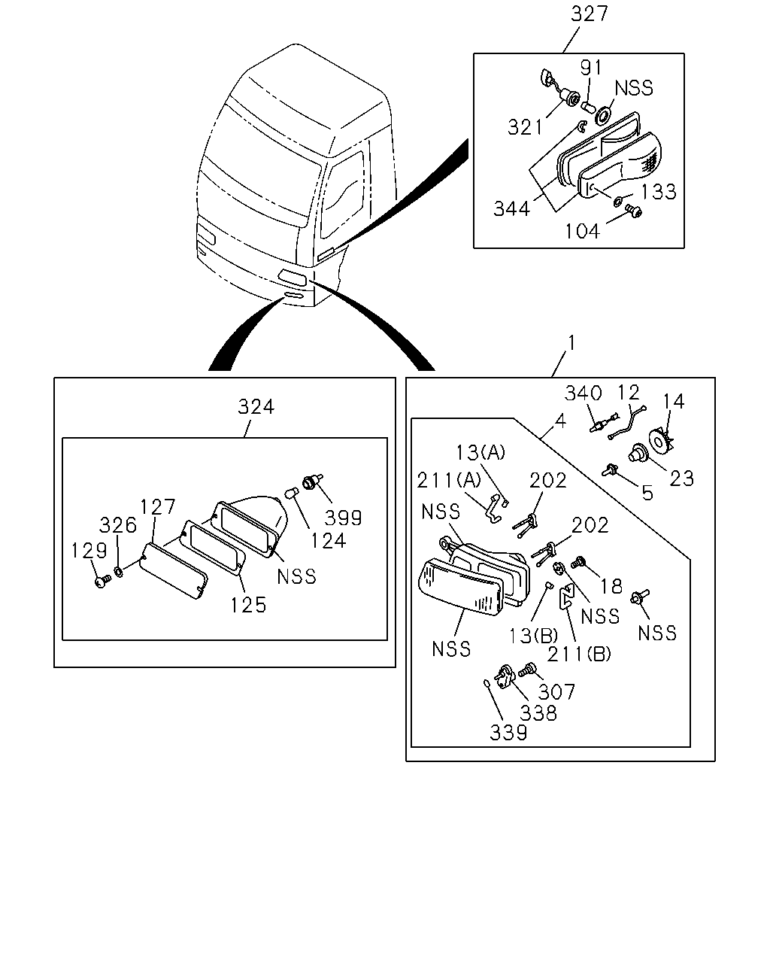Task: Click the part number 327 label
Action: pyautogui.click(x=590, y=14)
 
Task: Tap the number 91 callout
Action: pyautogui.click(x=590, y=68)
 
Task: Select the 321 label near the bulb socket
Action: pyautogui.click(x=525, y=128)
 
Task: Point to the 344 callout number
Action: pyautogui.click(x=511, y=209)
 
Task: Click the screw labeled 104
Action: pyautogui.click(x=634, y=211)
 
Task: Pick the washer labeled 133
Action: pyautogui.click(x=617, y=202)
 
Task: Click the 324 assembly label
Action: pyautogui.click(x=256, y=407)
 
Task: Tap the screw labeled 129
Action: pyautogui.click(x=103, y=581)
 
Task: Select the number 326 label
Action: pyautogui.click(x=117, y=525)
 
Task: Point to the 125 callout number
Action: pyautogui.click(x=248, y=605)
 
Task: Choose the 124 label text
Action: pyautogui.click(x=328, y=541)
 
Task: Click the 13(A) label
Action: pyautogui.click(x=480, y=452)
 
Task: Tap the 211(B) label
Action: pyautogui.click(x=579, y=655)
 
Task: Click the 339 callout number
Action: pyautogui.click(x=508, y=733)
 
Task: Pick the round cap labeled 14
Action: pyautogui.click(x=660, y=441)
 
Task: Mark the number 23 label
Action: pyautogui.click(x=681, y=478)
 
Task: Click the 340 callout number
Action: pyautogui.click(x=583, y=393)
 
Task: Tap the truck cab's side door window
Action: pyautogui.click(x=342, y=195)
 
